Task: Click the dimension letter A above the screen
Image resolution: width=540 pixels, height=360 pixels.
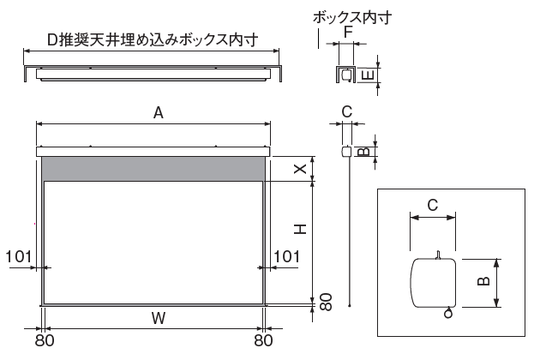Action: coord(158,113)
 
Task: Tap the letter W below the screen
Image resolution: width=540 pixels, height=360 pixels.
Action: coord(159,318)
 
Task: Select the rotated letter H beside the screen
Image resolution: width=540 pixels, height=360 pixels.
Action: coord(300,229)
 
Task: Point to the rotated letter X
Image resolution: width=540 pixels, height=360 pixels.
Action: coord(300,169)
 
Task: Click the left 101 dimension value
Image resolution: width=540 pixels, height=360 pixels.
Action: coord(19,256)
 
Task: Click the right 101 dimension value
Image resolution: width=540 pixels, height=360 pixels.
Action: coord(286,256)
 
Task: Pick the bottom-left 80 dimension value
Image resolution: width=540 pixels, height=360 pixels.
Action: coord(45,340)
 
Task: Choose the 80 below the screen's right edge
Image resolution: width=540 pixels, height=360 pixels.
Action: coord(263,340)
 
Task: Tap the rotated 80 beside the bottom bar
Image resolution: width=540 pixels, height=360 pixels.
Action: coord(326,302)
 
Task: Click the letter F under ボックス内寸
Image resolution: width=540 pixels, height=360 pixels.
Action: coord(349,32)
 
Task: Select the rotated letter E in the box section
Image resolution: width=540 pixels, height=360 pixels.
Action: coord(369,75)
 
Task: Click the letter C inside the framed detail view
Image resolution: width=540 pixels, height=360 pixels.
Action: coord(433,206)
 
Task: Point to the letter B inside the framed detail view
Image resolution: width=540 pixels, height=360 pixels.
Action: coord(484,281)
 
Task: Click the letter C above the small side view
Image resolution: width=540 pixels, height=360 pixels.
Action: coord(347,112)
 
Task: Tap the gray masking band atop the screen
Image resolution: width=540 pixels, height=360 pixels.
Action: coord(153,169)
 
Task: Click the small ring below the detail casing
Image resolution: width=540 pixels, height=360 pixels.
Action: coord(448,314)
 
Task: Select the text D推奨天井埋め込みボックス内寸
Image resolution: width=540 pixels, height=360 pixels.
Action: coord(153,40)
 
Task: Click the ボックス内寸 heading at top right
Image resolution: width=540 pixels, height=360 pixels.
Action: coord(352,17)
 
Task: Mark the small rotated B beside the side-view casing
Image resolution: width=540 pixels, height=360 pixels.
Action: coord(363,152)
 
